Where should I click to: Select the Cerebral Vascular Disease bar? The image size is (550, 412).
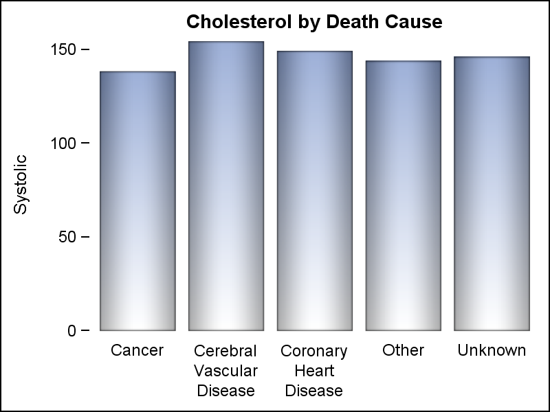(226, 185)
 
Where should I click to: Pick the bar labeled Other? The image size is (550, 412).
(403, 195)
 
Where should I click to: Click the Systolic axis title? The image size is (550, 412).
(21, 184)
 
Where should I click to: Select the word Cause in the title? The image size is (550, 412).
(410, 22)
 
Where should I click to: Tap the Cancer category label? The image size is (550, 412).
(137, 350)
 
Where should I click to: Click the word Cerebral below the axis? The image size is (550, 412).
(225, 351)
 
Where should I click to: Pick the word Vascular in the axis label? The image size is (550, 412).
(225, 371)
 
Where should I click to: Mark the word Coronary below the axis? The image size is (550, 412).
(314, 351)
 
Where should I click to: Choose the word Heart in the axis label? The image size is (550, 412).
(314, 371)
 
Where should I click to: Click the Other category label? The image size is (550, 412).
(404, 350)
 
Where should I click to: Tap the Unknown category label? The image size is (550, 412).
(492, 350)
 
